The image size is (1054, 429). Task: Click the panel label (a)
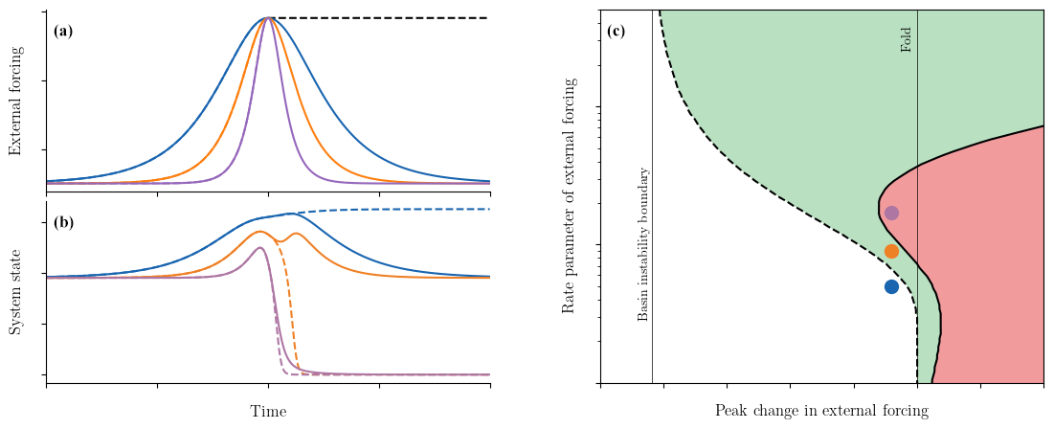click(x=63, y=31)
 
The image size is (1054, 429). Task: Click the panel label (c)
click(x=617, y=31)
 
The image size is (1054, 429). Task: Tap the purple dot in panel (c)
click(x=891, y=213)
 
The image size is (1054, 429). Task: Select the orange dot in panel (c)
click(x=891, y=251)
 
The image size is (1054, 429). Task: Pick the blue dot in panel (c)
click(x=891, y=286)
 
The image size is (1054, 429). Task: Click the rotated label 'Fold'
click(x=907, y=39)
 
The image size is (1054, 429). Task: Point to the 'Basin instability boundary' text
click(x=642, y=244)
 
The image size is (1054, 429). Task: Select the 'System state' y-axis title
click(x=15, y=292)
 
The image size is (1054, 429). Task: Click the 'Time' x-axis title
click(x=268, y=412)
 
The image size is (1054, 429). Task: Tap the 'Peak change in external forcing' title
click(x=821, y=411)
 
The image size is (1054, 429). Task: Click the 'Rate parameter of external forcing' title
click(x=569, y=196)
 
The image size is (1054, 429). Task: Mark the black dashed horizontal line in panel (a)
click(x=383, y=18)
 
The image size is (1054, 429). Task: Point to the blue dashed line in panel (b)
click(x=402, y=210)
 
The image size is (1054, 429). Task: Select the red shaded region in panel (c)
click(x=986, y=268)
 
